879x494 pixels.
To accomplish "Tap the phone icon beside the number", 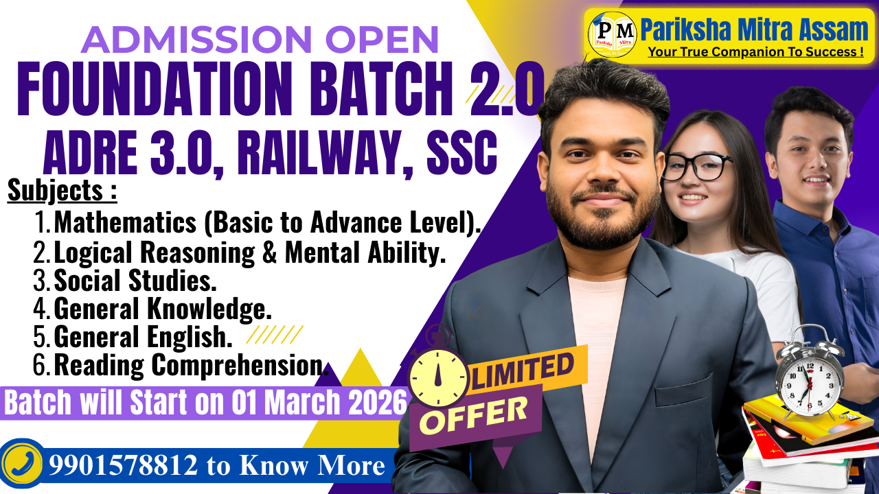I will pos(21,465).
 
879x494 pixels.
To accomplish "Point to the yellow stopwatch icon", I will pos(437,375).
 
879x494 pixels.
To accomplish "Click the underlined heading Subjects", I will pos(62,191).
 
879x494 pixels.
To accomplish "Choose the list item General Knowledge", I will pos(163,309).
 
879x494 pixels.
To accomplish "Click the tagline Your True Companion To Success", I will pos(755,51).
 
